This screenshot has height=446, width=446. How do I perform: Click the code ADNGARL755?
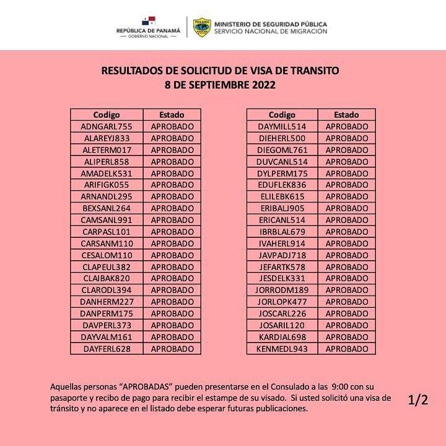point(107,126)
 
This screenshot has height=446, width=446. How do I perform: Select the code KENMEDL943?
point(282,349)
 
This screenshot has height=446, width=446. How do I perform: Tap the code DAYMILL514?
point(282,126)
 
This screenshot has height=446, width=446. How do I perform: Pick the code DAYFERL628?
point(107,349)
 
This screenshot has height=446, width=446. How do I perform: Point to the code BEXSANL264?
point(107,208)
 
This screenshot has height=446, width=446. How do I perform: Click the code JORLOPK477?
point(282,302)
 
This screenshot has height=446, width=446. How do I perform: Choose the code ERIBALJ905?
point(282,208)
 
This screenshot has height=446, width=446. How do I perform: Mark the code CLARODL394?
point(107,290)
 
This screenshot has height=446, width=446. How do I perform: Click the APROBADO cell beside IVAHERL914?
point(346,243)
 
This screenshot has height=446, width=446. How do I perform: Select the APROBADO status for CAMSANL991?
point(172,220)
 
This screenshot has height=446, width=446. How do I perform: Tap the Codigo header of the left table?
point(107,115)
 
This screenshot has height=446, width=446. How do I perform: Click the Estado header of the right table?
point(346,115)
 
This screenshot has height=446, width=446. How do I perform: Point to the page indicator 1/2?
point(418,400)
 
